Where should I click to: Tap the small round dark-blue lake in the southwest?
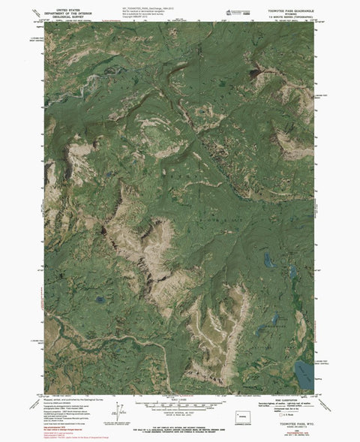pos(99,301)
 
